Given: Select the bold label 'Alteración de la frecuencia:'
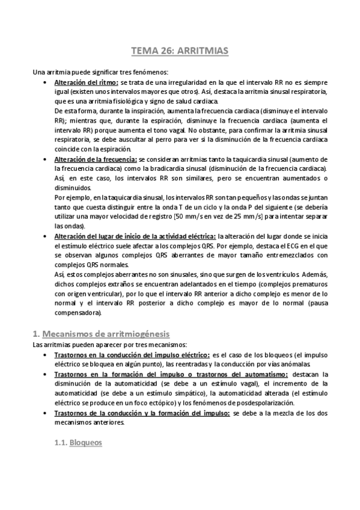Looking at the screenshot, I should tap(96, 158).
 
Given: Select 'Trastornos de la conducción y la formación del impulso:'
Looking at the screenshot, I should tap(142, 414).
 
